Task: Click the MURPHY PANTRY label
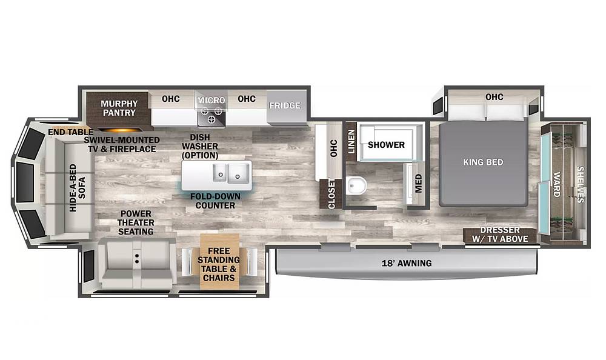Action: pos(119,108)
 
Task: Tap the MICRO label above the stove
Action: pos(211,100)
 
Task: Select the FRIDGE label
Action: pos(285,105)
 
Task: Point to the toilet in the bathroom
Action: pos(356,186)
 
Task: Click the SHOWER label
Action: pos(386,145)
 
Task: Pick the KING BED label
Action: pos(483,162)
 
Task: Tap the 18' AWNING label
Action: pos(407,263)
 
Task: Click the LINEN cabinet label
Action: pos(351,141)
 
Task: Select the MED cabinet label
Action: pos(419,184)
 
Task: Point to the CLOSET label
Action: pos(331,194)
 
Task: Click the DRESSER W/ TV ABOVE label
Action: pos(500,235)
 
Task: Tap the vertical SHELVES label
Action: pos(580,184)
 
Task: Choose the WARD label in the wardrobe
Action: pos(557,184)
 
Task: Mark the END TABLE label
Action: pos(71,132)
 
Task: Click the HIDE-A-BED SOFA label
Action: pos(78,188)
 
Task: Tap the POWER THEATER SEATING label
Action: pos(136,223)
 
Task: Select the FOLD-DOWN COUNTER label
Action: pos(215,201)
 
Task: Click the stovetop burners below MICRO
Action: pos(211,115)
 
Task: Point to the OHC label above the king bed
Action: pos(494,97)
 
